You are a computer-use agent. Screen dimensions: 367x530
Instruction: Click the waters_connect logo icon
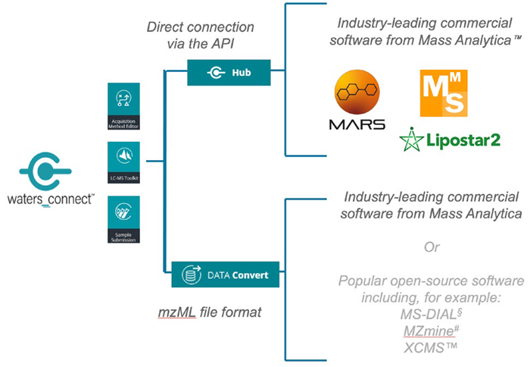point(46,171)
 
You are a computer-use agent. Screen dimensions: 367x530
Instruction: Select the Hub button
point(229,73)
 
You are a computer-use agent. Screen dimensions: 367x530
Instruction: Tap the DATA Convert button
point(225,275)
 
